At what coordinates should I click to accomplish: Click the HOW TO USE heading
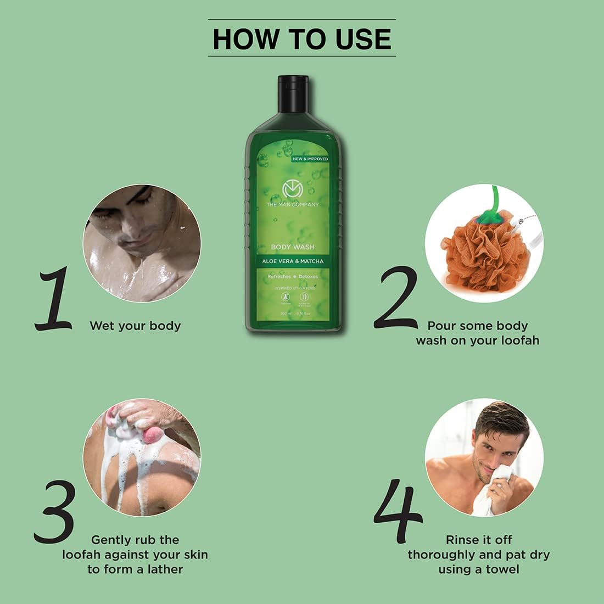(x=301, y=38)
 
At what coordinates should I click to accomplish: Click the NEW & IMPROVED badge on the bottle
(x=310, y=159)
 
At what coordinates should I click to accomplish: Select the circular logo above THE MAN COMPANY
(x=293, y=189)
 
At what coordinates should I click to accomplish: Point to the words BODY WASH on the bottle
(x=293, y=247)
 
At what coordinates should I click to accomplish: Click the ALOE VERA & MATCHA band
(x=293, y=261)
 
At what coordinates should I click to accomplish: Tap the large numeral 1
(x=54, y=299)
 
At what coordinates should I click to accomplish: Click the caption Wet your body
(x=135, y=326)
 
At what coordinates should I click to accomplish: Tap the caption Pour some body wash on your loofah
(x=477, y=333)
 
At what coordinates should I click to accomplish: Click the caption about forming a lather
(x=135, y=554)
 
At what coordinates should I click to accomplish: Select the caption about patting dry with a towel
(x=478, y=554)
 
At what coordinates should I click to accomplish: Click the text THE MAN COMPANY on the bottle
(x=293, y=204)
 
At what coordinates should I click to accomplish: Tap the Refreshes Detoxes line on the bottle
(x=293, y=277)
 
